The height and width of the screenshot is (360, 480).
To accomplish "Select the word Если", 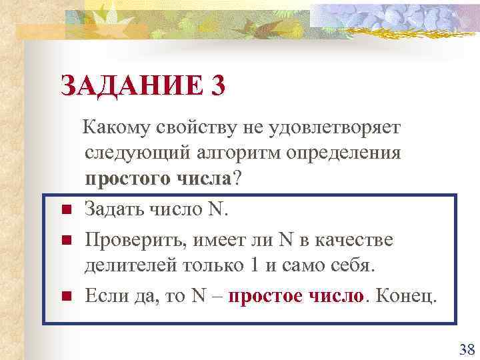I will pyautogui.click(x=103, y=295).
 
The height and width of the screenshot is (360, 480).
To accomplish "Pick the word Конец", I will pyautogui.click(x=405, y=295).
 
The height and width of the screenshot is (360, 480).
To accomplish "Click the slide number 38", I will pyautogui.click(x=466, y=349).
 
